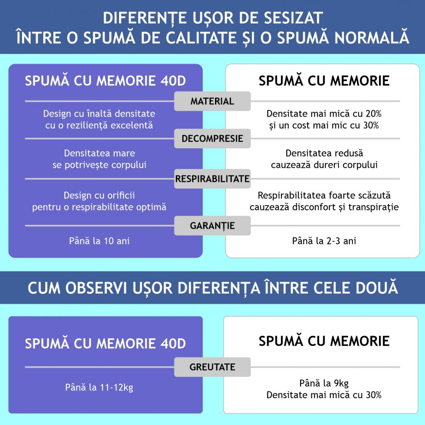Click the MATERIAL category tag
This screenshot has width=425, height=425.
tap(212, 101)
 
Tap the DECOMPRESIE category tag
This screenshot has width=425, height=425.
tap(212, 139)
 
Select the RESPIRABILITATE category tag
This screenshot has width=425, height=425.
tap(212, 179)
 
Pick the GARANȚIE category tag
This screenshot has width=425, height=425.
tap(212, 226)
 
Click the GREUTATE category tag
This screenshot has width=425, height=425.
tap(212, 367)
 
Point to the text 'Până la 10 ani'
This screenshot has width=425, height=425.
tap(99, 241)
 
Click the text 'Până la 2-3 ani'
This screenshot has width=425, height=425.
tap(324, 241)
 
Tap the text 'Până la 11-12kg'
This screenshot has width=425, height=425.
tap(99, 387)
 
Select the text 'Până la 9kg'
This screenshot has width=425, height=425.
tap(324, 383)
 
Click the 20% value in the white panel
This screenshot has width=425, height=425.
tap(374, 113)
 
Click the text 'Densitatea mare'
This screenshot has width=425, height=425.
tap(99, 153)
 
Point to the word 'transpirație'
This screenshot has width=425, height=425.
tap(374, 207)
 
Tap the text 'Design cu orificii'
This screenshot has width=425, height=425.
tap(99, 195)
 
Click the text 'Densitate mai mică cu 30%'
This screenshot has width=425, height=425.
tap(324, 395)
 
